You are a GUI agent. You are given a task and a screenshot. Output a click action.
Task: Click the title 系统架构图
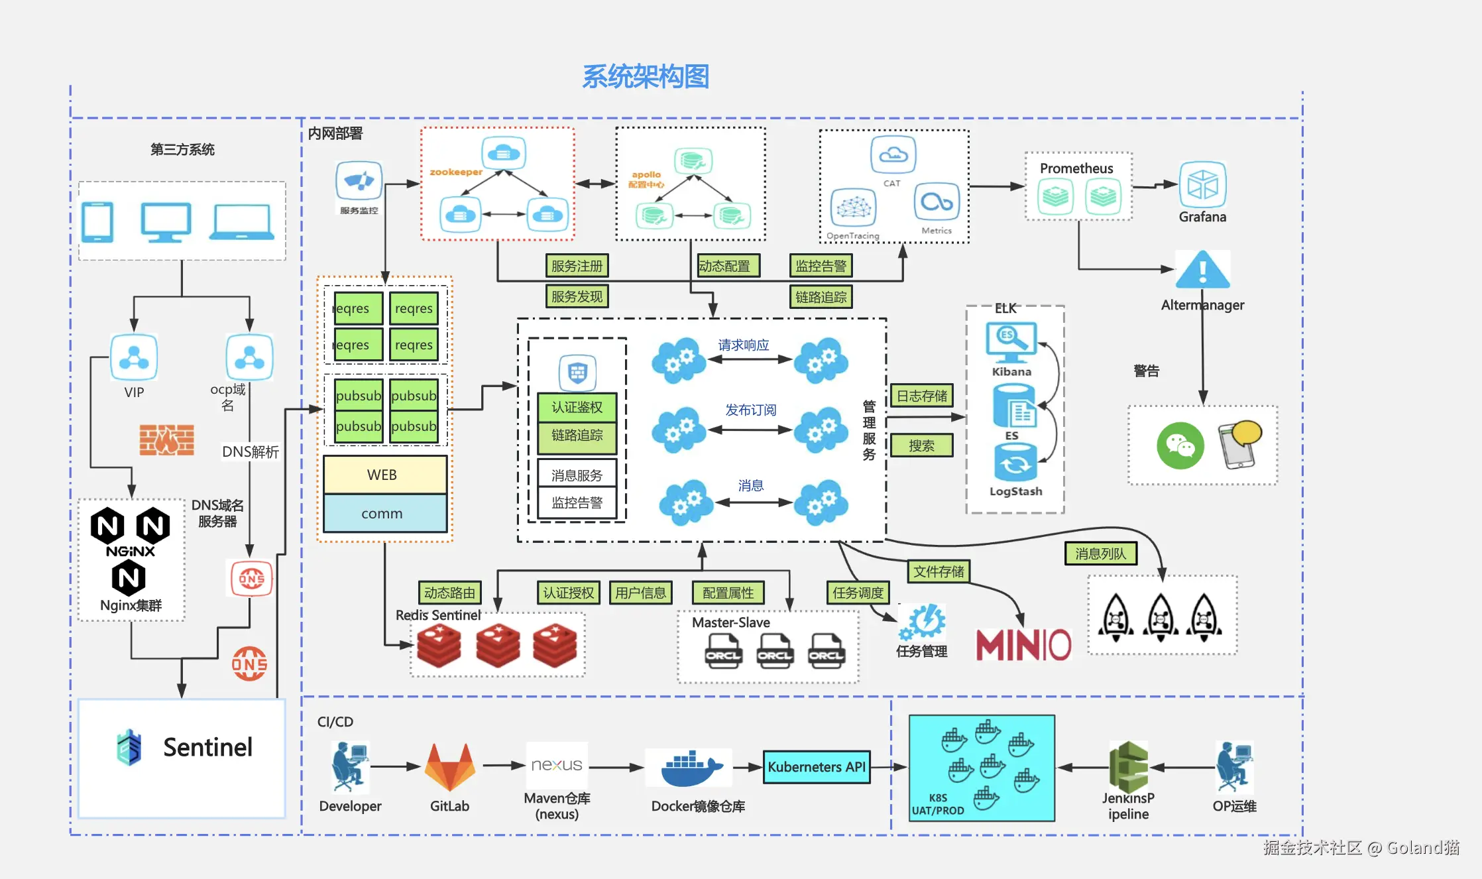[x=646, y=77]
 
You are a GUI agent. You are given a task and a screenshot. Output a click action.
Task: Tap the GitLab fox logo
[x=450, y=767]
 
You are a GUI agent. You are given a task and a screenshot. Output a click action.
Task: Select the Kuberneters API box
[x=817, y=767]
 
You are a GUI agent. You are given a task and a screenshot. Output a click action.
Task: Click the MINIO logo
[x=1023, y=645]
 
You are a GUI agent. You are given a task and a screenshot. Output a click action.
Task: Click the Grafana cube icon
[x=1202, y=185]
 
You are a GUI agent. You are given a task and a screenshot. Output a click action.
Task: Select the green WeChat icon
[x=1180, y=445]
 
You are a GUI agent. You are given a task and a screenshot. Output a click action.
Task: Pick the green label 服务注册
[x=577, y=266]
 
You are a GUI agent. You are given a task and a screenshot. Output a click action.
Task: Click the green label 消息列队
[x=1100, y=554]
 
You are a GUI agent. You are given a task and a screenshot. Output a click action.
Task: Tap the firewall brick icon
[x=166, y=439]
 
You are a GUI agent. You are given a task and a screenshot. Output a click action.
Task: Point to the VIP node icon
[x=134, y=357]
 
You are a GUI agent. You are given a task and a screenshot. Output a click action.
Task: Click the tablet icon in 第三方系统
[x=97, y=222]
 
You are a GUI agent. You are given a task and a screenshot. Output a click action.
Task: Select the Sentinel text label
[x=207, y=747]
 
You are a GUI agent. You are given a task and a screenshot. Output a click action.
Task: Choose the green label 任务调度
[x=858, y=593]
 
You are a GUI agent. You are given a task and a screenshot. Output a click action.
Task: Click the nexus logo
[x=557, y=765]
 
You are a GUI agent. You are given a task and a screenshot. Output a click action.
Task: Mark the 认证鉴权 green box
[x=577, y=407]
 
